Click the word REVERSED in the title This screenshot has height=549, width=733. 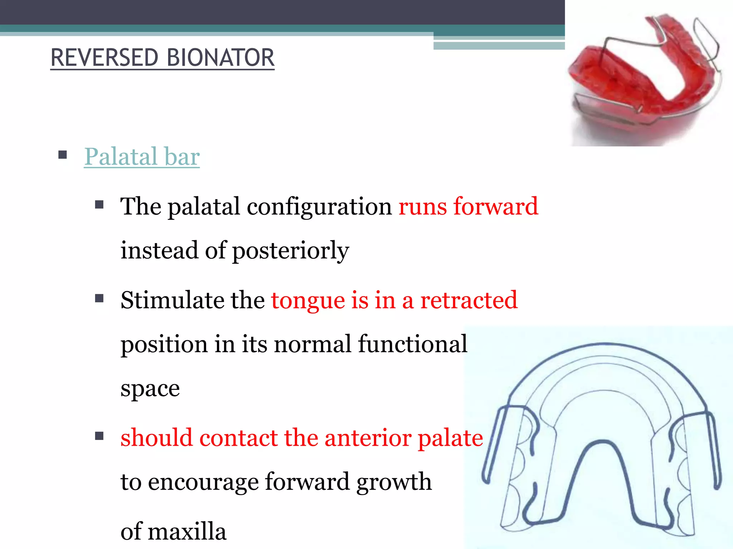click(104, 58)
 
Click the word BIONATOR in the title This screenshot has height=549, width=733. click(220, 58)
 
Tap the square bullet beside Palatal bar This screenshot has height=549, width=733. click(63, 155)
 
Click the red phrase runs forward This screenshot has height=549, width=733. click(468, 206)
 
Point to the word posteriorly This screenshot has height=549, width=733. click(290, 250)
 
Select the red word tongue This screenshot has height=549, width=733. click(307, 300)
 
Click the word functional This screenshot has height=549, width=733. click(412, 344)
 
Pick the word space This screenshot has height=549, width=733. click(150, 389)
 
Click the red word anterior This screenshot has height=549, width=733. click(368, 437)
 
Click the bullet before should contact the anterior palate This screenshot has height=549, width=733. click(99, 436)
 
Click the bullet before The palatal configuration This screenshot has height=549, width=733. click(99, 204)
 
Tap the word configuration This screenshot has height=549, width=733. click(319, 207)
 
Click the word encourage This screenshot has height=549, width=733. click(203, 482)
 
